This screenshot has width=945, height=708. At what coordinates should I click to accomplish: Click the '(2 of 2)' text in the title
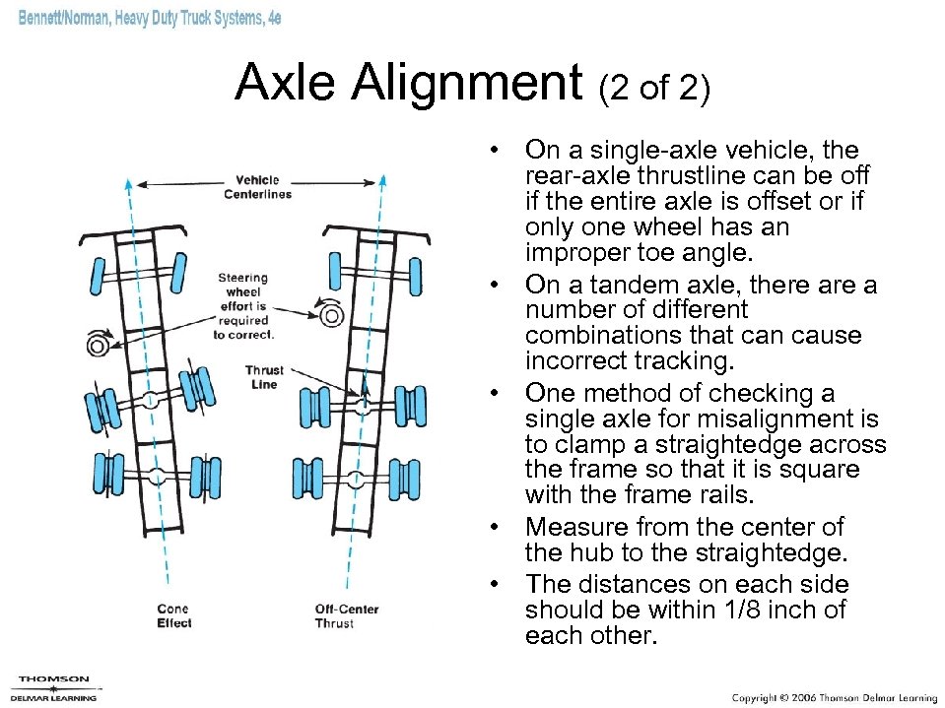[653, 89]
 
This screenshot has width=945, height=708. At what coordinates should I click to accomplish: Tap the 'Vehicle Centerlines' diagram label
[257, 187]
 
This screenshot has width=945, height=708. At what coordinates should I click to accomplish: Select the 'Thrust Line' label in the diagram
[264, 377]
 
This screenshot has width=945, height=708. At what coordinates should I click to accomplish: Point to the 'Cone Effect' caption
[173, 615]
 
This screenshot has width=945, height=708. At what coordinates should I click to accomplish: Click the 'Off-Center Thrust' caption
[346, 615]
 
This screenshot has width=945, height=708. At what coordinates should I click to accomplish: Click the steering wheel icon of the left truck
[97, 345]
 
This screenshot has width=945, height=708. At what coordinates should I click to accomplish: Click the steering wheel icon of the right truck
[331, 314]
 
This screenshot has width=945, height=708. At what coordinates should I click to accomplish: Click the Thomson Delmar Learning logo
[53, 687]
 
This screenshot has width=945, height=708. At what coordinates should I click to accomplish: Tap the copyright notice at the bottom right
[834, 696]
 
